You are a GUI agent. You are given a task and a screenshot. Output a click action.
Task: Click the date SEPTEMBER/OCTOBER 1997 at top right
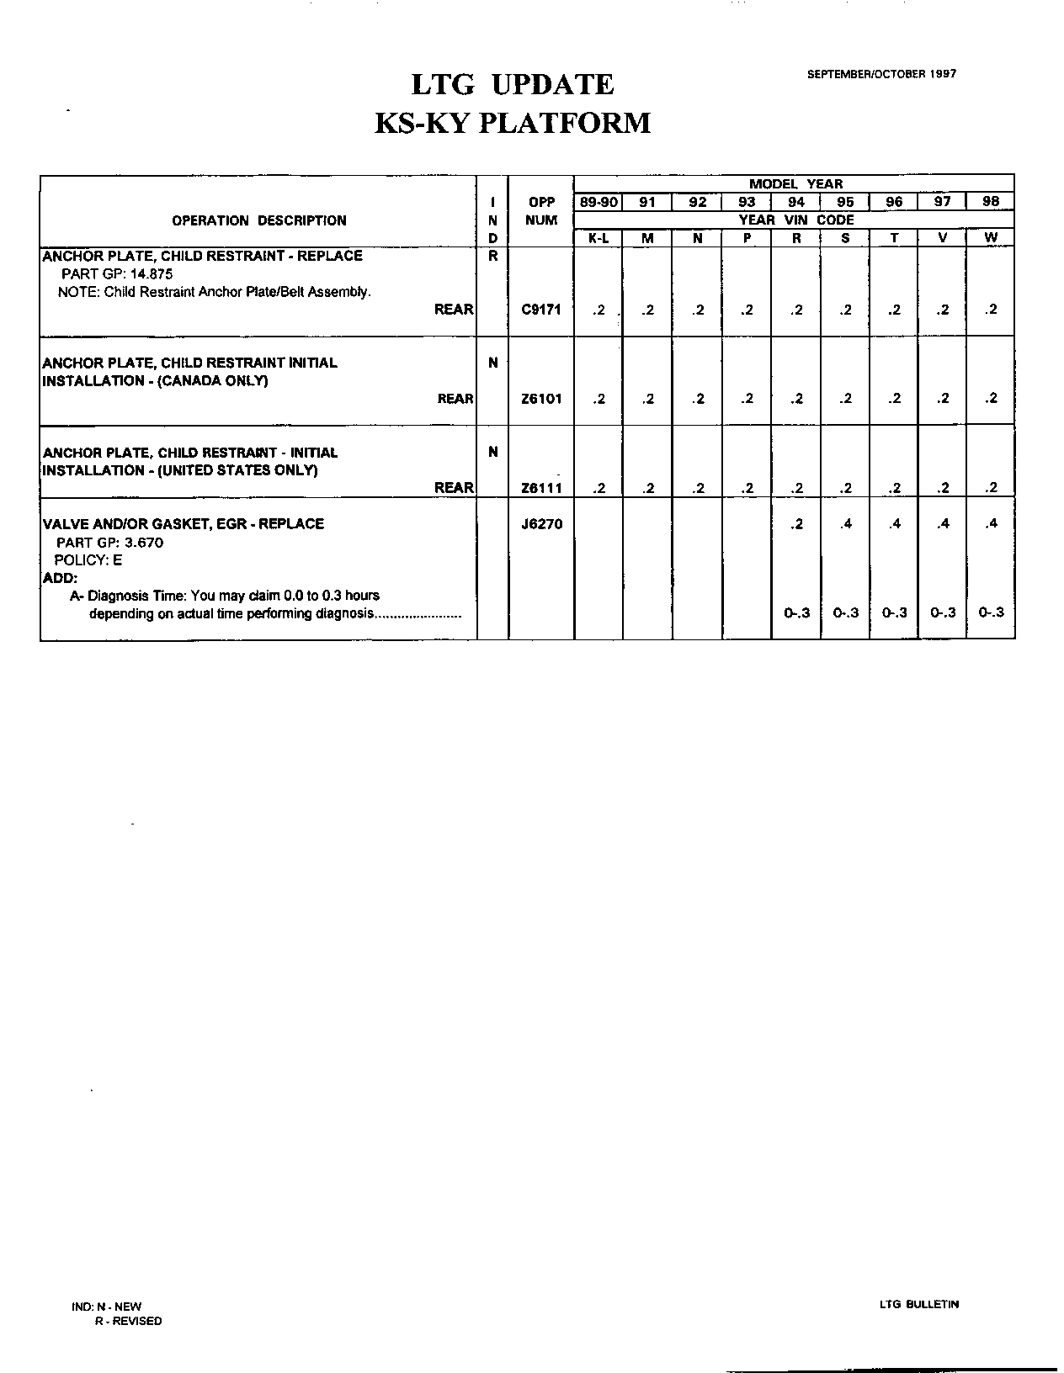click(881, 74)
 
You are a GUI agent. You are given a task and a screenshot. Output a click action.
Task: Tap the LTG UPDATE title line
click(512, 85)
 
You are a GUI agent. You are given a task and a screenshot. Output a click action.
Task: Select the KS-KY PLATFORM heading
click(512, 123)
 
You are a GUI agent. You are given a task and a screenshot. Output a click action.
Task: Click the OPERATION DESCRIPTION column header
click(258, 220)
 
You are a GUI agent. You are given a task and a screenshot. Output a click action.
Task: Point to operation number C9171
click(541, 310)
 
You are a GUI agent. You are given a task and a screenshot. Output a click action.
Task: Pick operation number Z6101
click(541, 399)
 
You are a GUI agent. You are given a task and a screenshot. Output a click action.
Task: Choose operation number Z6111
click(541, 488)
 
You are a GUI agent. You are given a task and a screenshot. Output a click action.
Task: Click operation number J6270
click(541, 524)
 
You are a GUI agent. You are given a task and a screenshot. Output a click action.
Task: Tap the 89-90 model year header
click(598, 202)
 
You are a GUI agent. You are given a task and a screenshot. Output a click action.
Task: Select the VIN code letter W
click(991, 238)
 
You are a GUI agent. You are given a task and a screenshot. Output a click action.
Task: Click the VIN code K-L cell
click(598, 238)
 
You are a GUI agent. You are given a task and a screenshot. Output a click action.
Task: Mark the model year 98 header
click(991, 202)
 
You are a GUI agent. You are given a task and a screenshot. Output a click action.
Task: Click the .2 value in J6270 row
click(796, 524)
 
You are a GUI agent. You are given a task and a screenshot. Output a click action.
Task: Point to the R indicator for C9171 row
click(492, 256)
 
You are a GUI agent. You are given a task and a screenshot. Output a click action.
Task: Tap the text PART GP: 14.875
click(117, 274)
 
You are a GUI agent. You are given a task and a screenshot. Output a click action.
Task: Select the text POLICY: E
click(88, 560)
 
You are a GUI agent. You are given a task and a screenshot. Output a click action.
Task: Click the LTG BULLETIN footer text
click(918, 1305)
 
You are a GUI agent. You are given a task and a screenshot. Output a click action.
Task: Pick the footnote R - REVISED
click(128, 1321)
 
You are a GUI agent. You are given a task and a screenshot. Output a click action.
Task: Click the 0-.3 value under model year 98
click(991, 613)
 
